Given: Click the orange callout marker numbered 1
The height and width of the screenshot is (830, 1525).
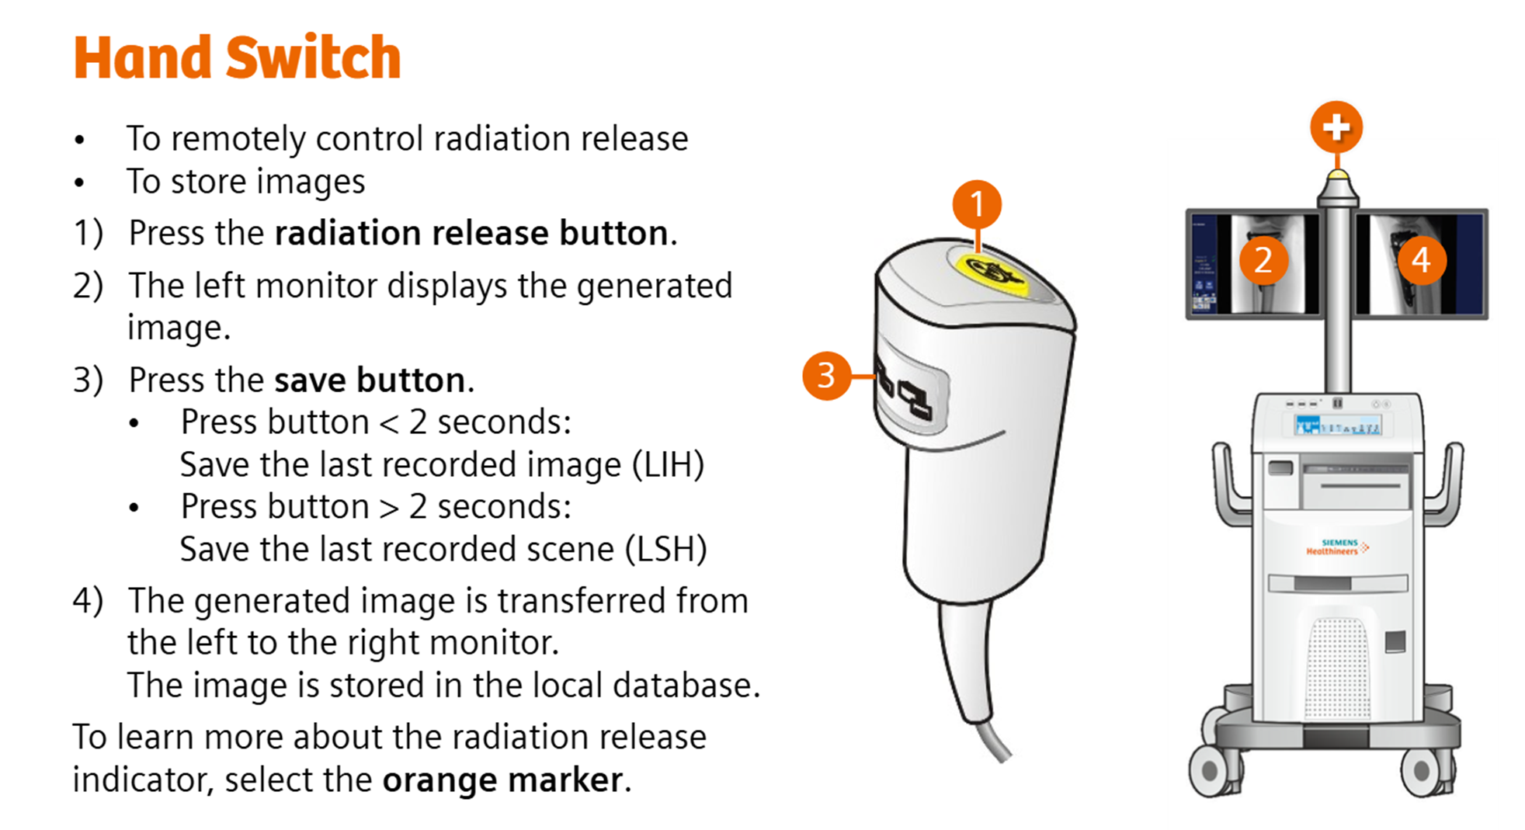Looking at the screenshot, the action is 977,205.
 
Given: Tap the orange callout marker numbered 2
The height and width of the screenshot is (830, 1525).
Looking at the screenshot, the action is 1263,260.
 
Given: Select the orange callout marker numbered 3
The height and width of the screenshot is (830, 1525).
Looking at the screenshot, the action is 826,376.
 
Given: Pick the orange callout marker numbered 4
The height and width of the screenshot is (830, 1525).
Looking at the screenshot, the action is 1422,260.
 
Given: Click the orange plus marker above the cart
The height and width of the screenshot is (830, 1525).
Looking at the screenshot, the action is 1336,127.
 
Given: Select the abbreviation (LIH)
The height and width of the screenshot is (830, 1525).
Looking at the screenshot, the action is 667,465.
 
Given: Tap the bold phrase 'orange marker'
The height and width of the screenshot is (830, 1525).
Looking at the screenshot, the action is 502,780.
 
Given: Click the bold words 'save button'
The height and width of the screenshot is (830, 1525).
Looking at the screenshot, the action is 370,380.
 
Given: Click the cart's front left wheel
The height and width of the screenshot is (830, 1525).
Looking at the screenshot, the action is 1210,771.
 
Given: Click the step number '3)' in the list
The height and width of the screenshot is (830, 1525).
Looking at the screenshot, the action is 88,380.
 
